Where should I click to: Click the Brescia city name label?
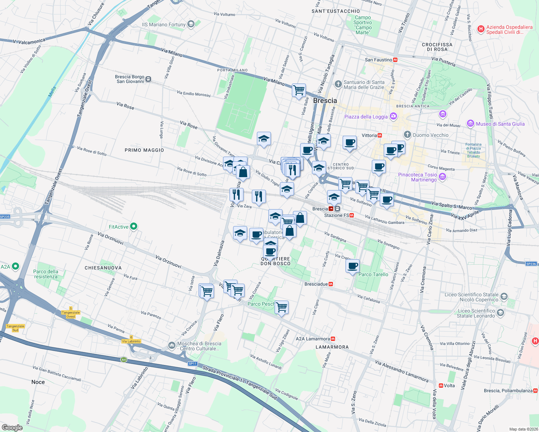pyautogui.click(x=325, y=101)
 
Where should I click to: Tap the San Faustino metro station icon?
pyautogui.click(x=395, y=60)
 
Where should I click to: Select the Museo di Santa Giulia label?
pyautogui.click(x=500, y=124)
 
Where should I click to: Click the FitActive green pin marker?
pyautogui.click(x=134, y=226)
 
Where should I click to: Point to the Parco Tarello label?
pyautogui.click(x=373, y=274)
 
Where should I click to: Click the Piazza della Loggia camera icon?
pyautogui.click(x=393, y=116)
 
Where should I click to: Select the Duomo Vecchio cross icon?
pyautogui.click(x=407, y=135)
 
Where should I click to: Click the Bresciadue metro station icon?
pyautogui.click(x=331, y=284)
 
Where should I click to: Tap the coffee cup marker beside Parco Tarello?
pyautogui.click(x=352, y=266)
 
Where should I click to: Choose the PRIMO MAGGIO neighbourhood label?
pyautogui.click(x=144, y=150)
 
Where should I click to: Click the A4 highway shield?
pyautogui.click(x=124, y=360)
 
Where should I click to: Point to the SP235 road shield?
pyautogui.click(x=5, y=217)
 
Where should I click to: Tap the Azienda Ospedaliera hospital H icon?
pyautogui.click(x=481, y=29)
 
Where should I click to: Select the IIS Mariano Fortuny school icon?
pyautogui.click(x=191, y=24)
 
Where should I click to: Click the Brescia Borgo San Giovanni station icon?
pyautogui.click(x=148, y=79)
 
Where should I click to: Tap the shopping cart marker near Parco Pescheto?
pyautogui.click(x=281, y=307)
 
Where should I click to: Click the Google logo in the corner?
pyautogui.click(x=12, y=427)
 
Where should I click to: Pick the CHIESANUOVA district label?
pyautogui.click(x=103, y=268)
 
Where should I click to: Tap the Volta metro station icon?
pyautogui.click(x=441, y=386)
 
